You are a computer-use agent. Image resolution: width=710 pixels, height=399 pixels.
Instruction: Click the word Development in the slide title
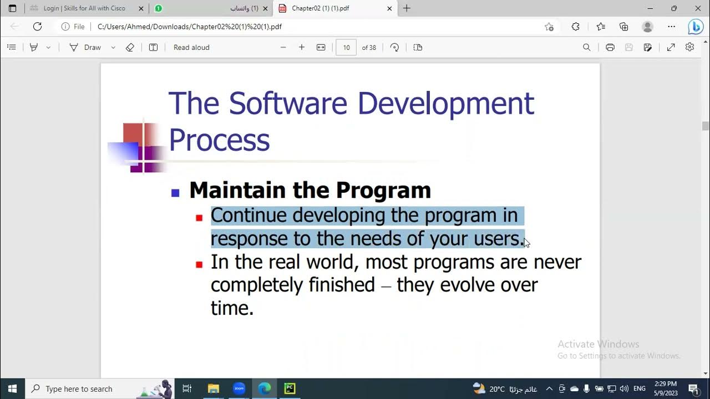[445, 104]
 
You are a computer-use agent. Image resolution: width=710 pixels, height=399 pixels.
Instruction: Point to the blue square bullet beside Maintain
[175, 193]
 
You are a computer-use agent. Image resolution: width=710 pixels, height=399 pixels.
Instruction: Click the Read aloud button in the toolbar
[191, 48]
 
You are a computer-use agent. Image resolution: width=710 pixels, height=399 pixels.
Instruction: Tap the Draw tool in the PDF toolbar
[86, 48]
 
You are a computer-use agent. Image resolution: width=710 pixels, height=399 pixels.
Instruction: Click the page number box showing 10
[346, 48]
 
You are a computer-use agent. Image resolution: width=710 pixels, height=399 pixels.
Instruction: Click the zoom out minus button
[283, 48]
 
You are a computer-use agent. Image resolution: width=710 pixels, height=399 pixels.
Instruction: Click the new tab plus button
[407, 8]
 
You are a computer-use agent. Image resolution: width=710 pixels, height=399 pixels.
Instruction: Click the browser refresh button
[37, 26]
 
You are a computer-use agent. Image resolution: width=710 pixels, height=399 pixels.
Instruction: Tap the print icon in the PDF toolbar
[610, 48]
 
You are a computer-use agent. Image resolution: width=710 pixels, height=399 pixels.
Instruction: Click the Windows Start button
[12, 388]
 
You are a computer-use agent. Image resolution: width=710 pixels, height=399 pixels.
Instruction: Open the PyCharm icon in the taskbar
[290, 388]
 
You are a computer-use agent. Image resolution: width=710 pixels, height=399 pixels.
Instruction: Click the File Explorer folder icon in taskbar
[214, 388]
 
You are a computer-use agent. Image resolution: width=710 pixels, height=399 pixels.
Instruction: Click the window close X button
[698, 8]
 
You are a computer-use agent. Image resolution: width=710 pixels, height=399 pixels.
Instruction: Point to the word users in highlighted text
[497, 239]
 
